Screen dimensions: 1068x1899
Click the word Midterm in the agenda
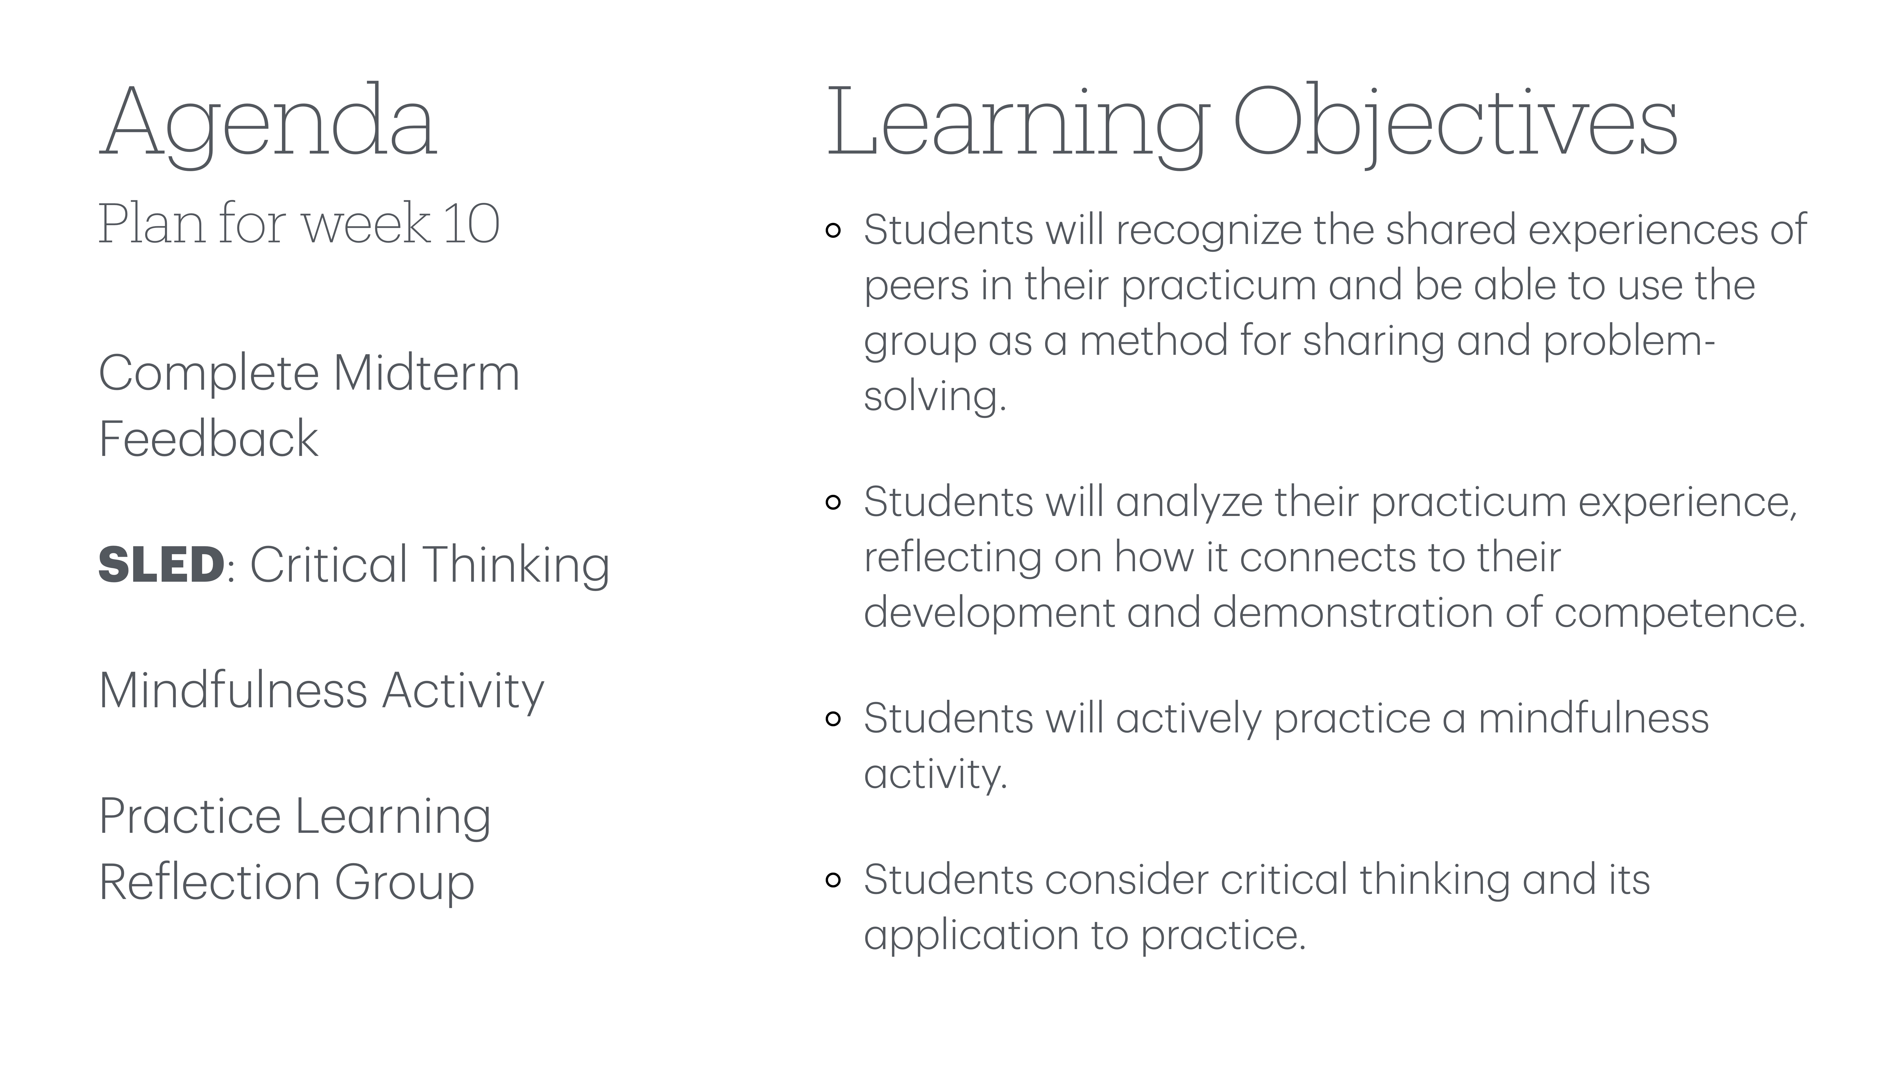[x=427, y=373]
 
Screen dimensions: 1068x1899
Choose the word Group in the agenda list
[x=404, y=882]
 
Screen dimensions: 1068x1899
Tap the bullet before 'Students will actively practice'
[x=833, y=719]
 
